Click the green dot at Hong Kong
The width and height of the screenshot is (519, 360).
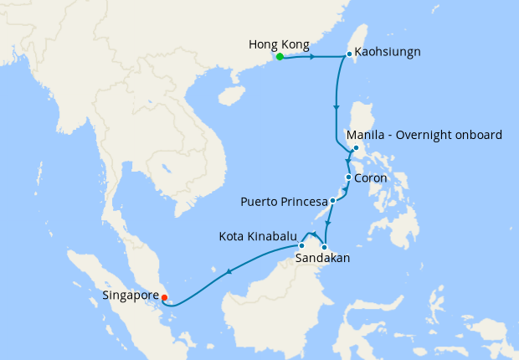coord(280,58)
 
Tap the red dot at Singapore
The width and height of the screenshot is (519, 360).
coord(164,296)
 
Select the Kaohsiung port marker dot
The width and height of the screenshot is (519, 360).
coord(348,55)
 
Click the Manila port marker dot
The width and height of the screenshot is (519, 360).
coord(356,149)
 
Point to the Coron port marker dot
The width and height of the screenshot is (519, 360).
coord(348,178)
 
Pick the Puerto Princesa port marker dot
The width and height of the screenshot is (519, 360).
coord(332,201)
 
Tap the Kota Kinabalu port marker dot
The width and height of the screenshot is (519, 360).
coord(301,245)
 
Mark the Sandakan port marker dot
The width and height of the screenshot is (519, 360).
coord(324,246)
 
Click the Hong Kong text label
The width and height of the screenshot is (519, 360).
coord(279,44)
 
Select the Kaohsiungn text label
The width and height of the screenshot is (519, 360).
coord(388,52)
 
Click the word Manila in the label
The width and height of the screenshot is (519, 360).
coord(364,135)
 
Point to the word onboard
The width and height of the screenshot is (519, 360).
coord(478,135)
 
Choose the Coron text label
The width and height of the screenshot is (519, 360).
coord(371,178)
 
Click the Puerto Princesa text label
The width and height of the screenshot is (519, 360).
coord(283,202)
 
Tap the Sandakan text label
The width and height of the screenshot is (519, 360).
coord(322,260)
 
